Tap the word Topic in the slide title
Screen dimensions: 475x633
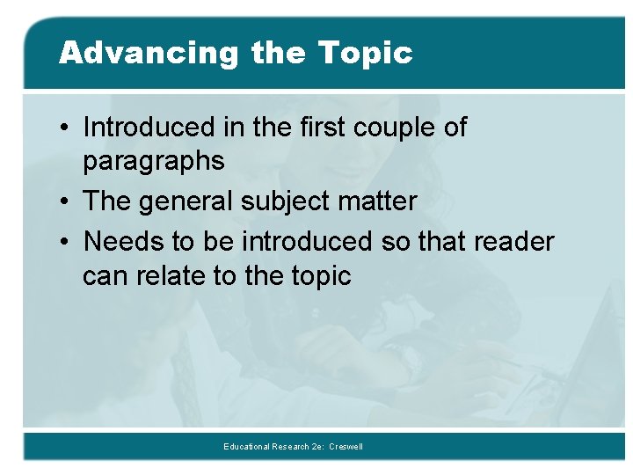(366, 53)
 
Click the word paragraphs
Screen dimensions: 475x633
(153, 162)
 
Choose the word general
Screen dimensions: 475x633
(189, 201)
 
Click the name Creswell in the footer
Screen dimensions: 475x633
(346, 447)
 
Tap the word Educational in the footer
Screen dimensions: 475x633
(247, 447)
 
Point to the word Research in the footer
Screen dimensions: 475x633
(292, 447)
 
